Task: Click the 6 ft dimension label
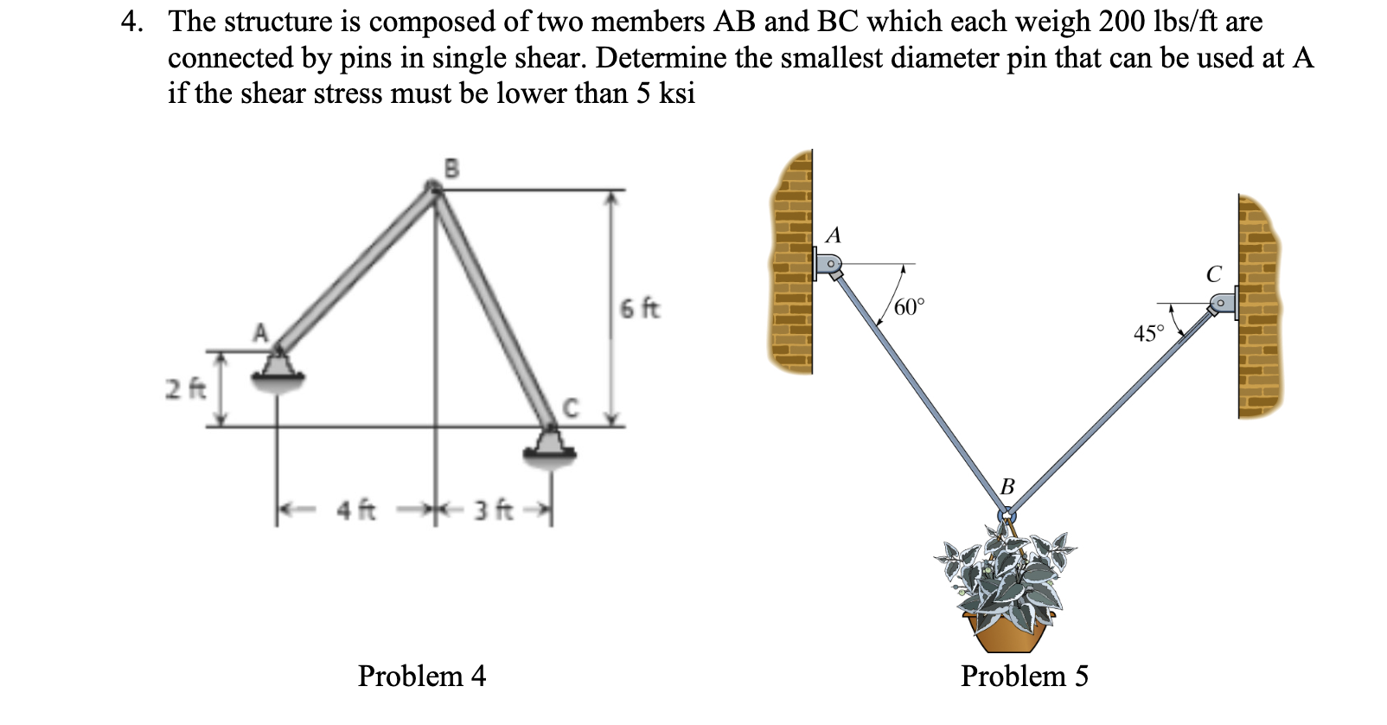(640, 308)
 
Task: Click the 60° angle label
(909, 307)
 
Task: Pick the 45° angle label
(1148, 334)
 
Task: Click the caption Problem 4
(422, 676)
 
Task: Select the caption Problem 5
(1025, 676)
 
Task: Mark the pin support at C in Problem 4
(549, 446)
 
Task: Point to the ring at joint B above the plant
(1006, 516)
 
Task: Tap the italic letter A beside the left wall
(834, 234)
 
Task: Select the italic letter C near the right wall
(1214, 274)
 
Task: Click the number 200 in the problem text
(1124, 21)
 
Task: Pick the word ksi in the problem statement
(677, 93)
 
